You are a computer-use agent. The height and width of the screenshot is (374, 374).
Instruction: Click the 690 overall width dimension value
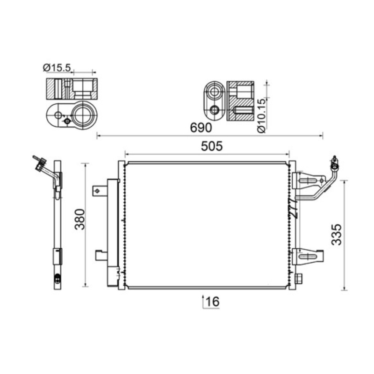(x=201, y=127)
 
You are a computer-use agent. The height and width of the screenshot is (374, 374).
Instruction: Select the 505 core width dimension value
(x=213, y=146)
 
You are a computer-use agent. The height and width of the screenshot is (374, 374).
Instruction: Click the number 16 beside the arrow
(x=212, y=302)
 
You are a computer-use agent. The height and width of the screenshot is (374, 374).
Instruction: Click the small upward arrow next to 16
(x=202, y=302)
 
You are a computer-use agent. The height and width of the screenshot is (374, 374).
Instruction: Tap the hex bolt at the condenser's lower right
(x=300, y=280)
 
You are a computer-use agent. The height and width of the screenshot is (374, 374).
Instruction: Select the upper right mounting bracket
(x=309, y=180)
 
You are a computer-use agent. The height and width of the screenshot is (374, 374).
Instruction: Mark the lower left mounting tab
(x=101, y=255)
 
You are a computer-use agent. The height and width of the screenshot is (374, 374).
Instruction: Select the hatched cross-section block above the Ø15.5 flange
(x=72, y=89)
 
